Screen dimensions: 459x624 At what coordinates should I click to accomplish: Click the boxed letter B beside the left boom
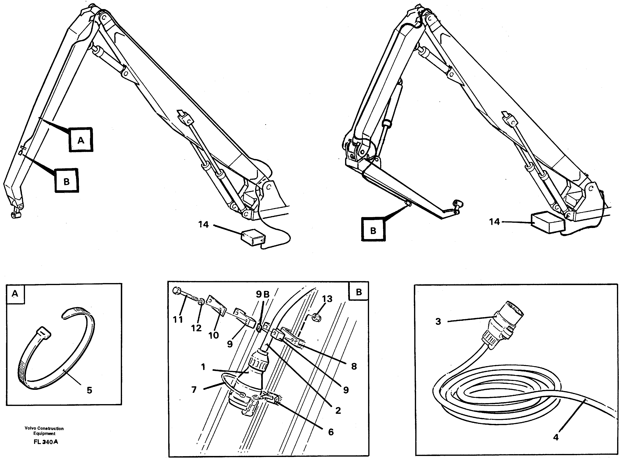click(66, 181)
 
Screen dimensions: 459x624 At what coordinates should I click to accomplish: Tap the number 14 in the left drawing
click(203, 224)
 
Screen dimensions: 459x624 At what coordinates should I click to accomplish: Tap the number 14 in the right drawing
click(494, 222)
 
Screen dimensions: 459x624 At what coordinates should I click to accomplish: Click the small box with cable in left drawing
click(253, 237)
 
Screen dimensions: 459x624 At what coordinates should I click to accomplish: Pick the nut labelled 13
click(316, 317)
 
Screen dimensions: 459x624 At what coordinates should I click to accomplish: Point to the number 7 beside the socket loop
click(194, 390)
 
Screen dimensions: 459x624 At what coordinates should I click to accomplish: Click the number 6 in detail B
click(331, 432)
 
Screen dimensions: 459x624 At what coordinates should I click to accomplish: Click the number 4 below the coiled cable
click(555, 437)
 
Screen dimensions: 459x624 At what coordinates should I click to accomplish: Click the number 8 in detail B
click(354, 366)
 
